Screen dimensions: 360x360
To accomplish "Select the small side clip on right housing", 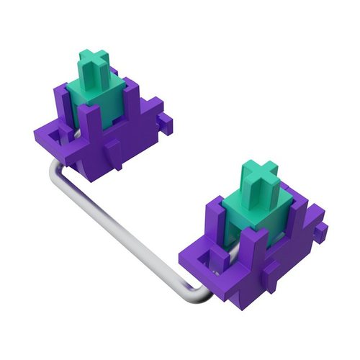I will [322, 229].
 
